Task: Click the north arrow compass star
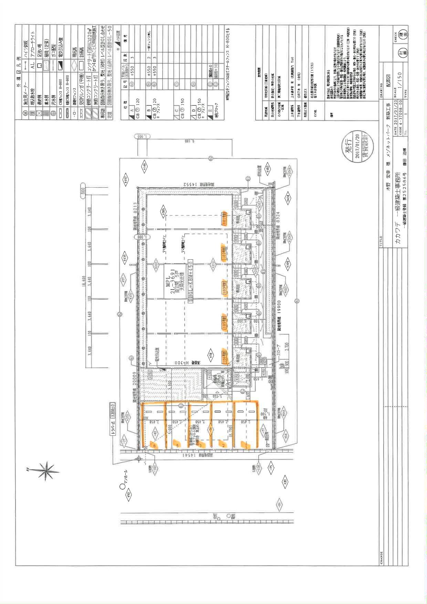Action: click(x=46, y=471)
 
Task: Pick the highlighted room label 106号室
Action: click(x=224, y=360)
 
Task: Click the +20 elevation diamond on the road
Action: click(x=285, y=481)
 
